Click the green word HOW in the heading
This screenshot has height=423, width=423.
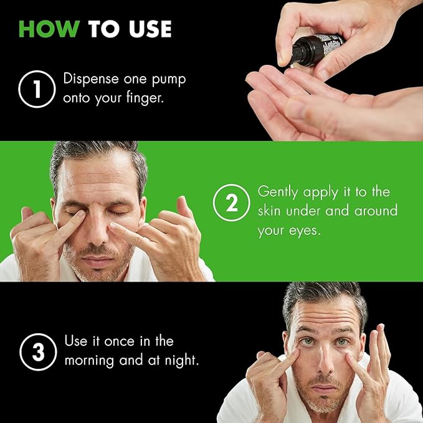point(50,29)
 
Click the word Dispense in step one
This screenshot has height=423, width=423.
point(93,80)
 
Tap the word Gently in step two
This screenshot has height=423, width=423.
point(277,191)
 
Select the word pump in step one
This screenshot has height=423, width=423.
point(162,80)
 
